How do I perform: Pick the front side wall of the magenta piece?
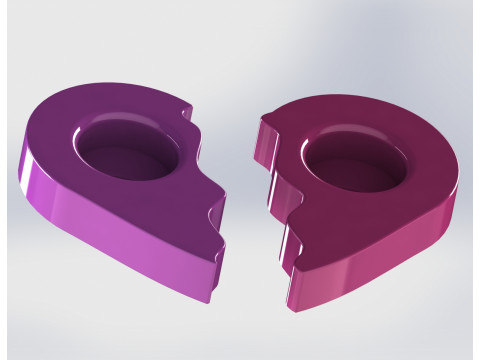pyautogui.click(x=380, y=270)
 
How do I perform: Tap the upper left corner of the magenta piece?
pyautogui.click(x=262, y=120)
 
